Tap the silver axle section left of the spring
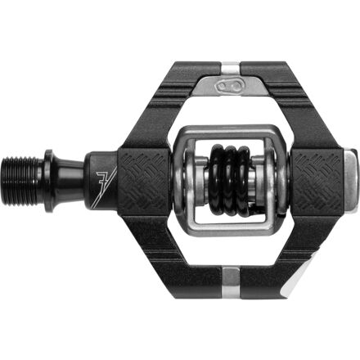[x=183, y=177]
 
